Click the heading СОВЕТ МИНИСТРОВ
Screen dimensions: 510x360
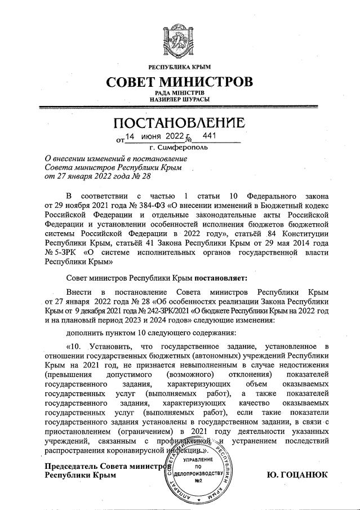(x=180, y=82)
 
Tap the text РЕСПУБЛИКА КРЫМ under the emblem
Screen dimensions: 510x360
(x=180, y=68)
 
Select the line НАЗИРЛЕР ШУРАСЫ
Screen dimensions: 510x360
(x=180, y=99)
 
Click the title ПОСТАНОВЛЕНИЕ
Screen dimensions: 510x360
(x=180, y=123)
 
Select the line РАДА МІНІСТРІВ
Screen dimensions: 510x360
(x=180, y=92)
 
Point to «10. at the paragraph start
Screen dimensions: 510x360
(x=76, y=345)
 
